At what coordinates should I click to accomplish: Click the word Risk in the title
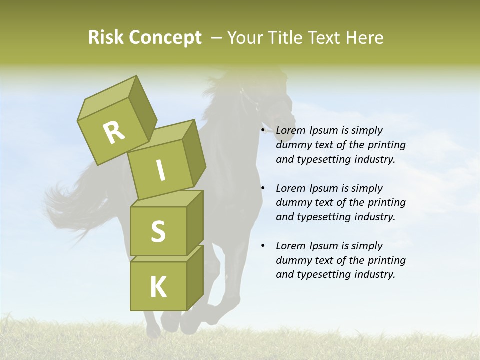pyautogui.click(x=106, y=38)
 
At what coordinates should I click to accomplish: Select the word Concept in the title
pyautogui.click(x=166, y=38)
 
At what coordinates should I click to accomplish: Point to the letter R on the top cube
pyautogui.click(x=114, y=132)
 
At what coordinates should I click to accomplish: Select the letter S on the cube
pyautogui.click(x=158, y=231)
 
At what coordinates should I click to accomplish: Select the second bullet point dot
pyautogui.click(x=263, y=188)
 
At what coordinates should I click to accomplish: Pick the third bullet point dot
pyautogui.click(x=263, y=246)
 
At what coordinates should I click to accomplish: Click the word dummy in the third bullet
pyautogui.click(x=293, y=260)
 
